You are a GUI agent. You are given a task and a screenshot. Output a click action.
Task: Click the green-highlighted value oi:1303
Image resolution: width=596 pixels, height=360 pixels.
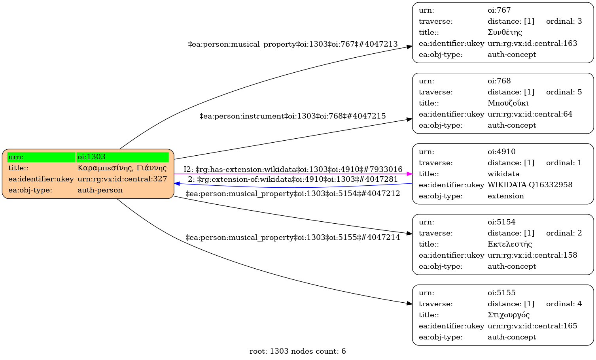(91, 157)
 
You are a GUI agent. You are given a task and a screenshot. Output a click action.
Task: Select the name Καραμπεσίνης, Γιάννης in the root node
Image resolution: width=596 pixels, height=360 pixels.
(122, 168)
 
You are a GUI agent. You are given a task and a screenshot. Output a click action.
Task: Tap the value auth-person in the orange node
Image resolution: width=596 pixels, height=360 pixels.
(100, 190)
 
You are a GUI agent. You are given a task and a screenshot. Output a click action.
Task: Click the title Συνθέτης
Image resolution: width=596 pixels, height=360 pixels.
(505, 32)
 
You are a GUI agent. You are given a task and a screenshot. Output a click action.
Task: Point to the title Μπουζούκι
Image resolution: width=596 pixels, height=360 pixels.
(508, 103)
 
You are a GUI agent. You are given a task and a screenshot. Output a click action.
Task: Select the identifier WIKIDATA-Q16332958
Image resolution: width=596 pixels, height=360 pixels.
(530, 185)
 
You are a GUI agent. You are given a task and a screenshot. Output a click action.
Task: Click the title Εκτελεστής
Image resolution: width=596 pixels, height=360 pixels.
(510, 244)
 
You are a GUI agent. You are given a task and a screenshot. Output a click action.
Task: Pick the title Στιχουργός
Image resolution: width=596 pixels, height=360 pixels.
(509, 315)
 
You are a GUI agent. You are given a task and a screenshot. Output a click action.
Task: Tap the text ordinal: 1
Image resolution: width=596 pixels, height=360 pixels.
(564, 163)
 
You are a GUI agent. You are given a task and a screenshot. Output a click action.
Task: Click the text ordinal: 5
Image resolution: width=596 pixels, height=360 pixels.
(564, 92)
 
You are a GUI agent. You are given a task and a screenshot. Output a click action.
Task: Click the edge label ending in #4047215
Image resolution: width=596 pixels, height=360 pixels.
(293, 116)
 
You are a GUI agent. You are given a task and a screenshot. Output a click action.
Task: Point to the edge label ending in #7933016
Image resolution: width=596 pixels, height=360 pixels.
(293, 170)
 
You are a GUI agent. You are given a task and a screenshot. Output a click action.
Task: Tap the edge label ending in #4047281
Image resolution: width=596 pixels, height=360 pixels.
(293, 179)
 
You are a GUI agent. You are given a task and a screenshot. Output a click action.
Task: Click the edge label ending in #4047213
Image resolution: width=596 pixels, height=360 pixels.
(293, 44)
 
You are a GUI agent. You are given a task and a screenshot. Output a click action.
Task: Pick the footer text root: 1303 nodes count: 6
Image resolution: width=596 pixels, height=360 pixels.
(297, 351)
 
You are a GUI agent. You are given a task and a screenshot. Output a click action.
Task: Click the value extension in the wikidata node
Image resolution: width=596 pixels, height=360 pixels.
(505, 196)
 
